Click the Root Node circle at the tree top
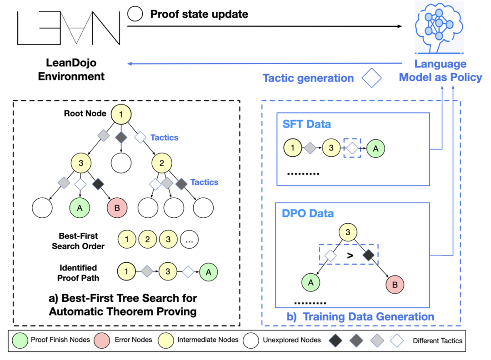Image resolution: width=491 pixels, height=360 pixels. click(x=121, y=114)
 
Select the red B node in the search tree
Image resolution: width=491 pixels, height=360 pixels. click(x=117, y=208)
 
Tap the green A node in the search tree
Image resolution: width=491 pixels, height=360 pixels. click(x=80, y=208)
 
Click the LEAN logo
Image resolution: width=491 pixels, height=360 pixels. click(x=69, y=28)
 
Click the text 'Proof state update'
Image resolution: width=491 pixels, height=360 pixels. click(x=199, y=14)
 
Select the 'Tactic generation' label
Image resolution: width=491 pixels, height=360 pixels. click(x=308, y=78)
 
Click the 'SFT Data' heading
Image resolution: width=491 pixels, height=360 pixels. click(x=306, y=124)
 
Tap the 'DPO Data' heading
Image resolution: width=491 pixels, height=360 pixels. click(x=308, y=214)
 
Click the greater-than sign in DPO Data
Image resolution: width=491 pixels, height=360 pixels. click(x=351, y=255)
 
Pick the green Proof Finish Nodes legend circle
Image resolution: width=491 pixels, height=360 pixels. click(x=20, y=340)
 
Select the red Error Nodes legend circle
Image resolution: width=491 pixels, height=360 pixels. click(x=102, y=340)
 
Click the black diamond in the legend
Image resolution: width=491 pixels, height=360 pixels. click(x=336, y=340)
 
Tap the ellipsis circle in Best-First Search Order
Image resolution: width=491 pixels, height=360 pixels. click(x=189, y=240)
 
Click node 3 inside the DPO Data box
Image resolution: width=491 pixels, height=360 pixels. click(x=348, y=232)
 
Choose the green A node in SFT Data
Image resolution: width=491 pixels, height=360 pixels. click(x=376, y=148)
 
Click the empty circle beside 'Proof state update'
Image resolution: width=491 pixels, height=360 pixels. click(x=135, y=14)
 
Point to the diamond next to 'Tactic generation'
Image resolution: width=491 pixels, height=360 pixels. click(x=372, y=78)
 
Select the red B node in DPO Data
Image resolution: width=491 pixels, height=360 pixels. click(x=395, y=285)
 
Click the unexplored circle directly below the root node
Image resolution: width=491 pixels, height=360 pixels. click(x=121, y=163)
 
